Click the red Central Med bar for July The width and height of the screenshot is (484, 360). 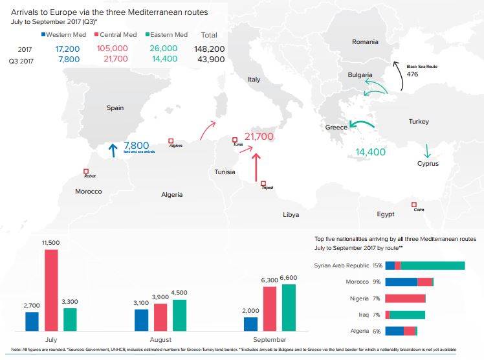pos(51,289)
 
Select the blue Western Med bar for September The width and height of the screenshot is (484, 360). pos(251,324)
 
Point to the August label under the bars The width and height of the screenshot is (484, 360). pos(160,339)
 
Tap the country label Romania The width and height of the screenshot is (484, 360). pos(365,42)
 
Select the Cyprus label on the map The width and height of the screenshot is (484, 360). pos(428,164)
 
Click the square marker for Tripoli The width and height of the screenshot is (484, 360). pos(263,183)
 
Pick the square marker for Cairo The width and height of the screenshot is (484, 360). pos(413,205)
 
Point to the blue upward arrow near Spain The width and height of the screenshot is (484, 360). pos(113,150)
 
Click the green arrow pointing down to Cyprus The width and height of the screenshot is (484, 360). pos(426,151)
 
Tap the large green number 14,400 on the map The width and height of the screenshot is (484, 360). pos(371,152)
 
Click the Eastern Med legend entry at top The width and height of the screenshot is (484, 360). pos(166,34)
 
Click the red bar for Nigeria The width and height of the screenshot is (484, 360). pos(405,298)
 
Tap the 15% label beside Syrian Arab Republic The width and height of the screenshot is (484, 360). pos(378,265)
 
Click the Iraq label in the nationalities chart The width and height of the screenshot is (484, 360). pos(363,315)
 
